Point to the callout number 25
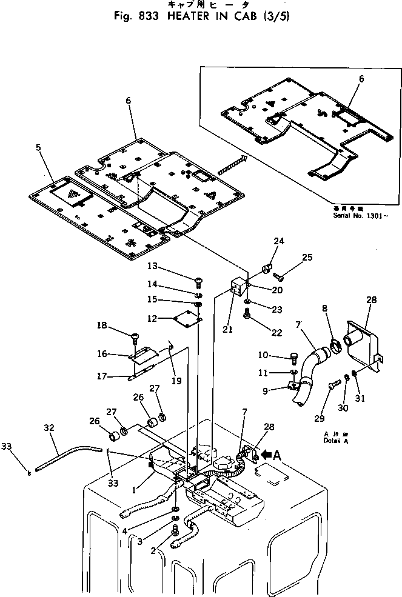pos(307,258)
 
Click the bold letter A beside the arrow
pos(277,454)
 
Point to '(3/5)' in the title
pos(276,16)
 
